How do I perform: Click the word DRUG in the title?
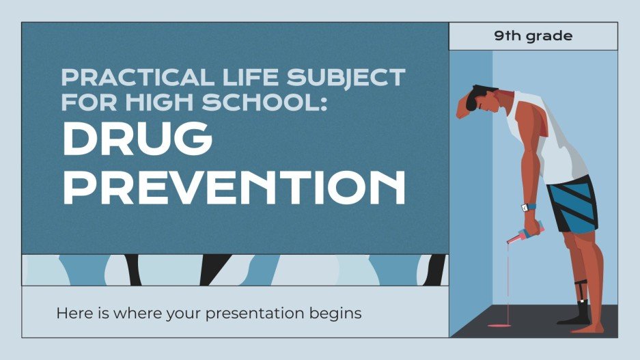[137, 139]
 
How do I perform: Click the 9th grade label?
[533, 36]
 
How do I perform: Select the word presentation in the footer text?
[262, 314]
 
